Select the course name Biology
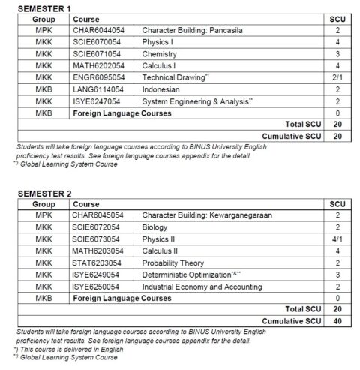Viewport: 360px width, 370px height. [154, 227]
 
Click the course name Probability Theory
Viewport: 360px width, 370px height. [173, 263]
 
